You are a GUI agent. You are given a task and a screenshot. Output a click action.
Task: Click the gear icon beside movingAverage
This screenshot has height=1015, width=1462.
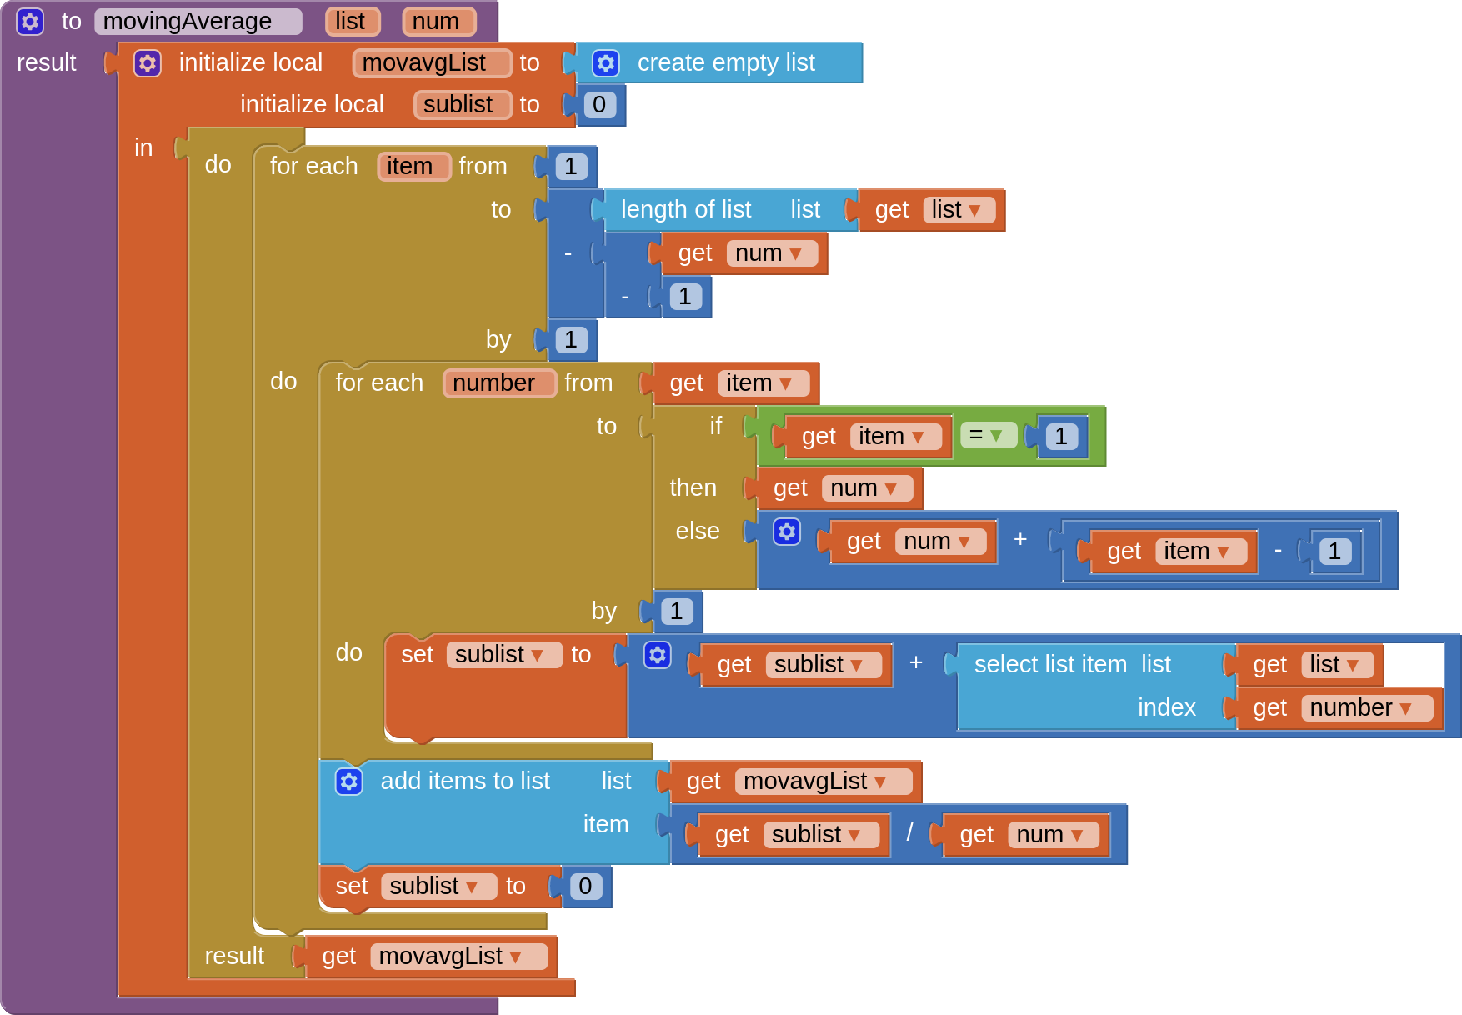click(x=30, y=22)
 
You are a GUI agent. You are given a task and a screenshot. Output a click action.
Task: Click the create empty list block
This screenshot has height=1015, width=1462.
click(x=725, y=63)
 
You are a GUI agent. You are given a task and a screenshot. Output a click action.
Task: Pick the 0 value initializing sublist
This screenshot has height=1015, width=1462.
click(x=599, y=105)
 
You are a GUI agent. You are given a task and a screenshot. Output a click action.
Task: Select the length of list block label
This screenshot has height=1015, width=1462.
click(x=685, y=210)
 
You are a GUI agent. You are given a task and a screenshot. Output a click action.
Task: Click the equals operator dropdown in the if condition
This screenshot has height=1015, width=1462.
click(x=987, y=435)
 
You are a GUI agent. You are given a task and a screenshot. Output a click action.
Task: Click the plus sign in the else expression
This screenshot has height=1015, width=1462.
click(x=1020, y=540)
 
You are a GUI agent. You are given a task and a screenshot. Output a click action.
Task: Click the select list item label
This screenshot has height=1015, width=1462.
click(x=1050, y=665)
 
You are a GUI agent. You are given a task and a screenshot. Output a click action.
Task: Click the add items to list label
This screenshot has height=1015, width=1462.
click(x=465, y=782)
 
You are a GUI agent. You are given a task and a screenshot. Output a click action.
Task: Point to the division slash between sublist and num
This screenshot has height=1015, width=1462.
click(x=909, y=833)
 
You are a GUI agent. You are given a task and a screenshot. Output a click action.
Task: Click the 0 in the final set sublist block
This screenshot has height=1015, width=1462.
click(x=585, y=887)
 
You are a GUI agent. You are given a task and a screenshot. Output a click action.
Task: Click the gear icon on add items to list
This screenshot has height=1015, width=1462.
click(x=349, y=782)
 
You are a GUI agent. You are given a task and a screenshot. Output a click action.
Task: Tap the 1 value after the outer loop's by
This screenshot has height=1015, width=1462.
click(x=571, y=340)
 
